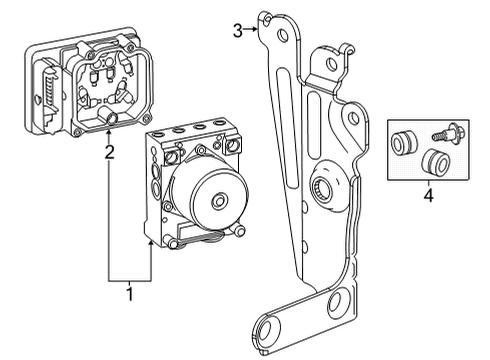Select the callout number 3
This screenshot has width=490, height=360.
(x=237, y=31)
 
